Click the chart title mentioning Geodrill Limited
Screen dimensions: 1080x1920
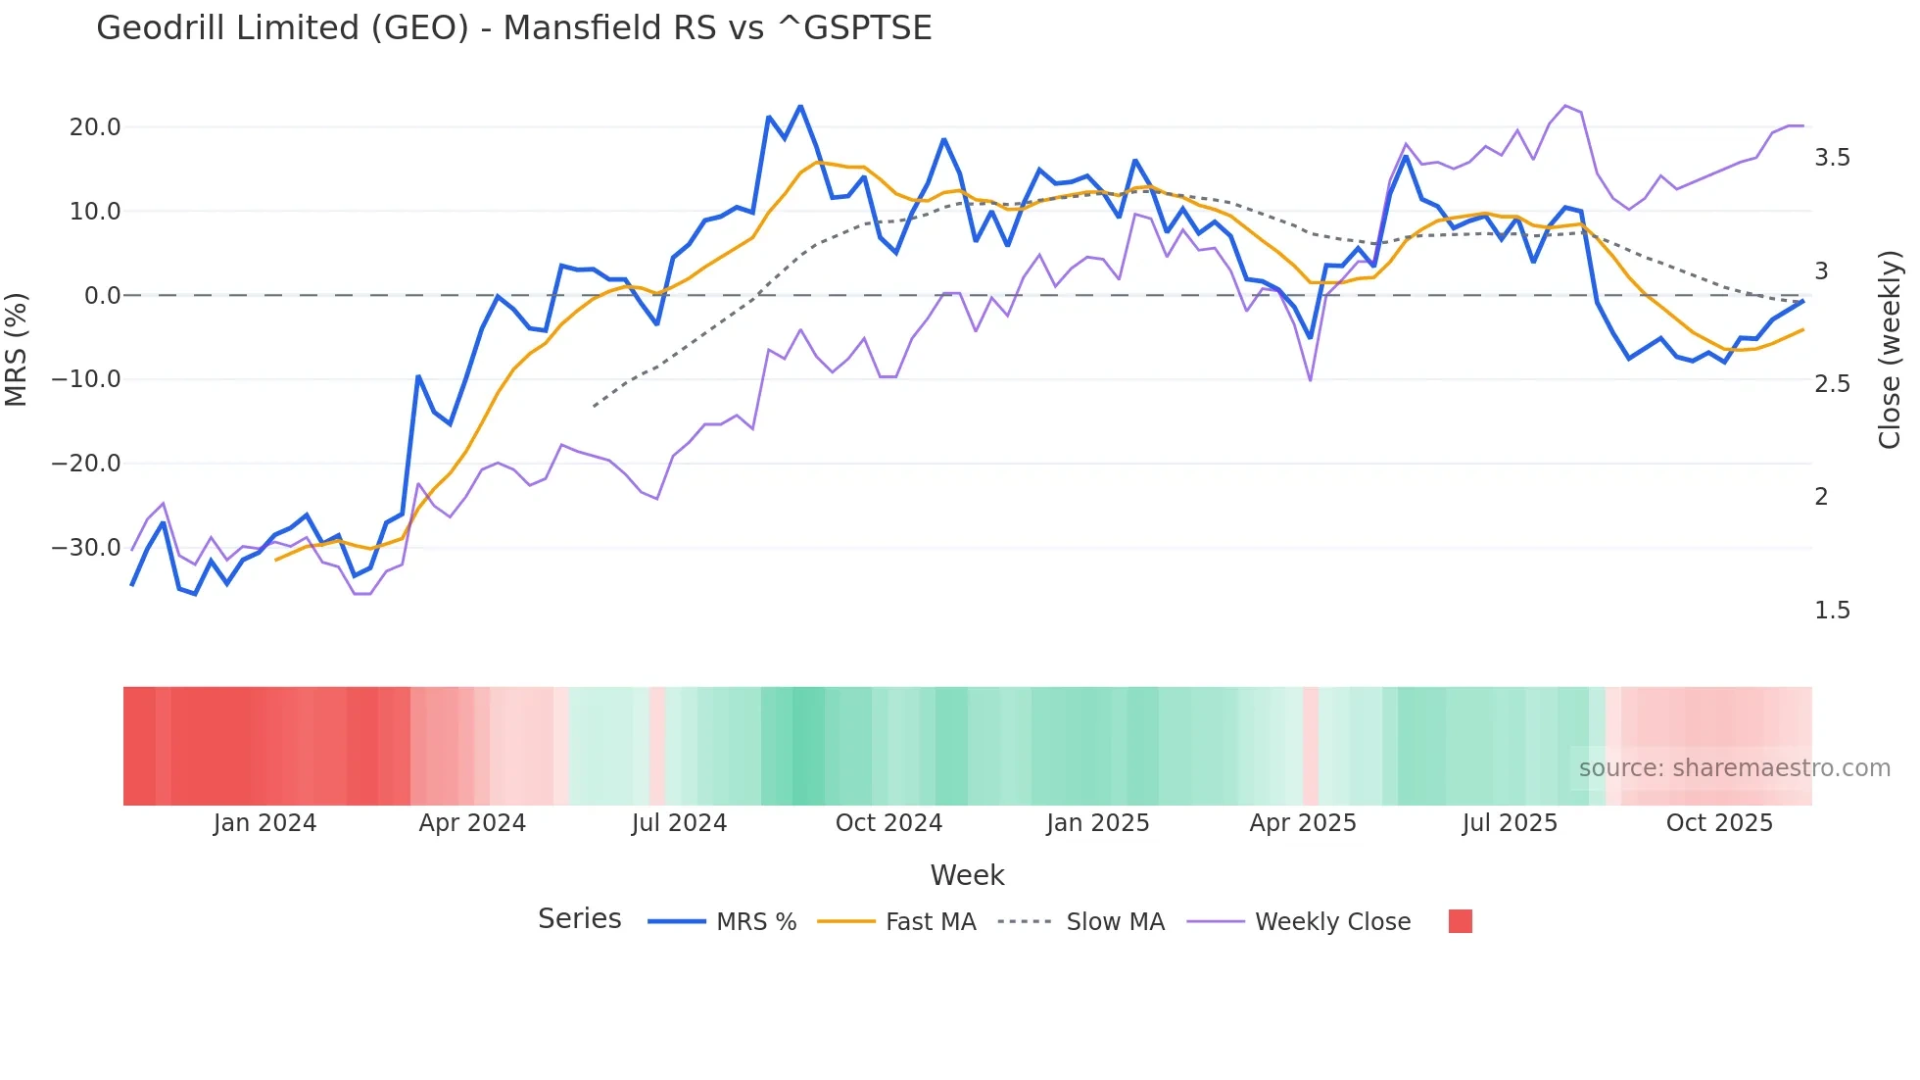point(513,28)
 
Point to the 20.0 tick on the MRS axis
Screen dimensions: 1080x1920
point(95,127)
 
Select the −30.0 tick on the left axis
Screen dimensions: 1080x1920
point(86,548)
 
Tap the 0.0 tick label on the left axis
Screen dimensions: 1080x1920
point(102,296)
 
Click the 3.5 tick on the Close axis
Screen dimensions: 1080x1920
point(1832,158)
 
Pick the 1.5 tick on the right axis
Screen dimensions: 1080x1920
point(1832,611)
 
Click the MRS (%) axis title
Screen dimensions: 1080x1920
point(17,349)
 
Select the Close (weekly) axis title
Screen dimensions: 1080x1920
point(1889,349)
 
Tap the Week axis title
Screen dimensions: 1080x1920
point(967,875)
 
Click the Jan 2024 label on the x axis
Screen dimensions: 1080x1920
point(264,823)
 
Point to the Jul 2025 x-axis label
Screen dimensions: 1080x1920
point(1510,823)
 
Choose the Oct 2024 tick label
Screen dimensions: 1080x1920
point(888,823)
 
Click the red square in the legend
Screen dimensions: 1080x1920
point(1460,921)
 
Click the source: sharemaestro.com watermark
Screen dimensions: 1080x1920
point(1734,768)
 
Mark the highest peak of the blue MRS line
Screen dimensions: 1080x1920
point(800,106)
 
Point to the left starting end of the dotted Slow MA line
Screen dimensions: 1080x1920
point(594,406)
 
